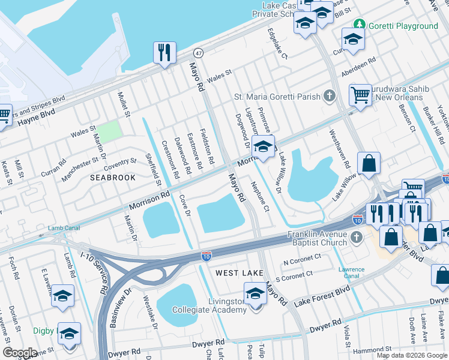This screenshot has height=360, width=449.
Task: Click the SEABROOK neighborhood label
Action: [x=110, y=178]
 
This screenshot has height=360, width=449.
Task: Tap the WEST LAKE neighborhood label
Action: [x=240, y=273]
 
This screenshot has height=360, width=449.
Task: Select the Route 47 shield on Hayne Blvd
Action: [x=199, y=53]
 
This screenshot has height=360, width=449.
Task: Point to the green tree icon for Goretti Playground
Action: [x=359, y=25]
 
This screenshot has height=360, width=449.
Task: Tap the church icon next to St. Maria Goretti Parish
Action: [x=328, y=96]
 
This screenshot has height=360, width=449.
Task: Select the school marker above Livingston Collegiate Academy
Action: [x=255, y=293]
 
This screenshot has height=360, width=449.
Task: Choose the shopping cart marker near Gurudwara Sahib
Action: [x=360, y=94]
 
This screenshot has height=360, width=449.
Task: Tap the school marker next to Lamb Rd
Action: [x=62, y=296]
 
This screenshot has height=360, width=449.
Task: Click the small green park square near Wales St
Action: [x=109, y=132]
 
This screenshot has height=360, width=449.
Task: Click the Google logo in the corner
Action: [x=20, y=353]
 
